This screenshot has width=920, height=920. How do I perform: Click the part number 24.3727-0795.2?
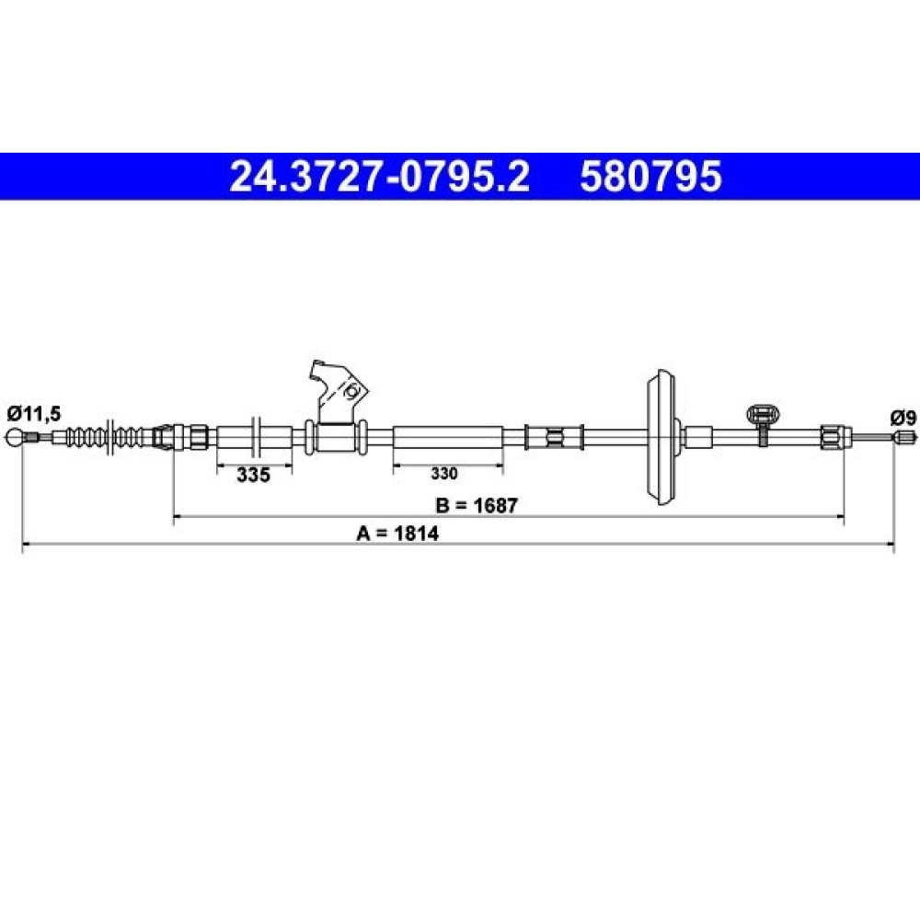pos(380,177)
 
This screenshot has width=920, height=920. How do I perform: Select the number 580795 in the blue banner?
pos(650,177)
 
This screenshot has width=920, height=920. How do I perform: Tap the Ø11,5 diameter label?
pos(34,414)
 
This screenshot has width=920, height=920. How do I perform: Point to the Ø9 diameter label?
pos(903,419)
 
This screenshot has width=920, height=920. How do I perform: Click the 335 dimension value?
pos(254,474)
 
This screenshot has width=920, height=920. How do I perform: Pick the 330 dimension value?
pos(444,473)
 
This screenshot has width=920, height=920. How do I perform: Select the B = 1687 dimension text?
pos(477,505)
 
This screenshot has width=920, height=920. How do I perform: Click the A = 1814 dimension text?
pos(397,534)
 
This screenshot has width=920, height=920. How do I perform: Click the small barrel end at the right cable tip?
pos(904,436)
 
